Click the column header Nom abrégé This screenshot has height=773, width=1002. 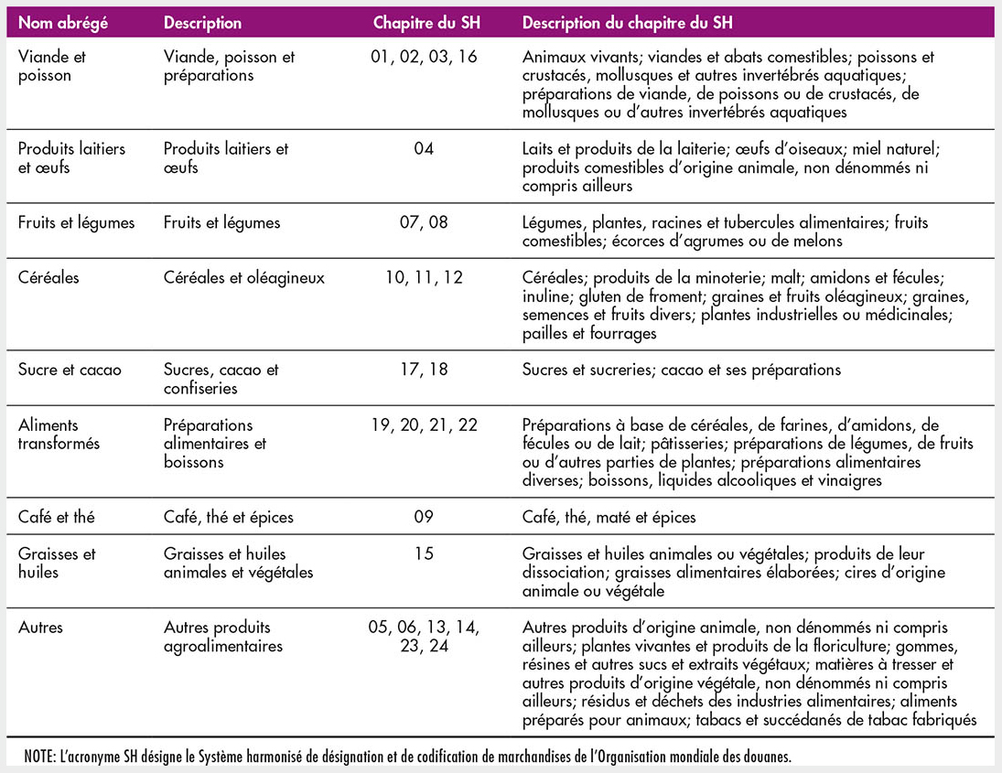(63, 23)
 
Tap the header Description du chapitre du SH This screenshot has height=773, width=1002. (628, 23)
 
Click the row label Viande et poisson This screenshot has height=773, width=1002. (52, 66)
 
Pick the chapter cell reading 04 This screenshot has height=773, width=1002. (423, 148)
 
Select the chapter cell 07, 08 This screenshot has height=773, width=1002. (423, 222)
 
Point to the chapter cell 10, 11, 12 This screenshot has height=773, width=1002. (423, 277)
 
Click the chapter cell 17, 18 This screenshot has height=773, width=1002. (423, 370)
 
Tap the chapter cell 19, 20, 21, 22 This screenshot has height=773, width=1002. (423, 425)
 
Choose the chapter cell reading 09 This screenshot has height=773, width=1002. (423, 517)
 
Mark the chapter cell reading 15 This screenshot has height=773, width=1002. (423, 553)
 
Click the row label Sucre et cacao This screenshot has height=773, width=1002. (70, 370)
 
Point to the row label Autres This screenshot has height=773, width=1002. (41, 628)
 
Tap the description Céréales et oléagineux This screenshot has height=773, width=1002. (244, 277)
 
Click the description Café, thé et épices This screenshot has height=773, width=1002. (229, 517)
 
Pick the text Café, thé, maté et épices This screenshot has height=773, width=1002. (609, 517)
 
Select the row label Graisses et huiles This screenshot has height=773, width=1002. (57, 563)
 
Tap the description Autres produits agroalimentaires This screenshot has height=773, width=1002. (223, 637)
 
